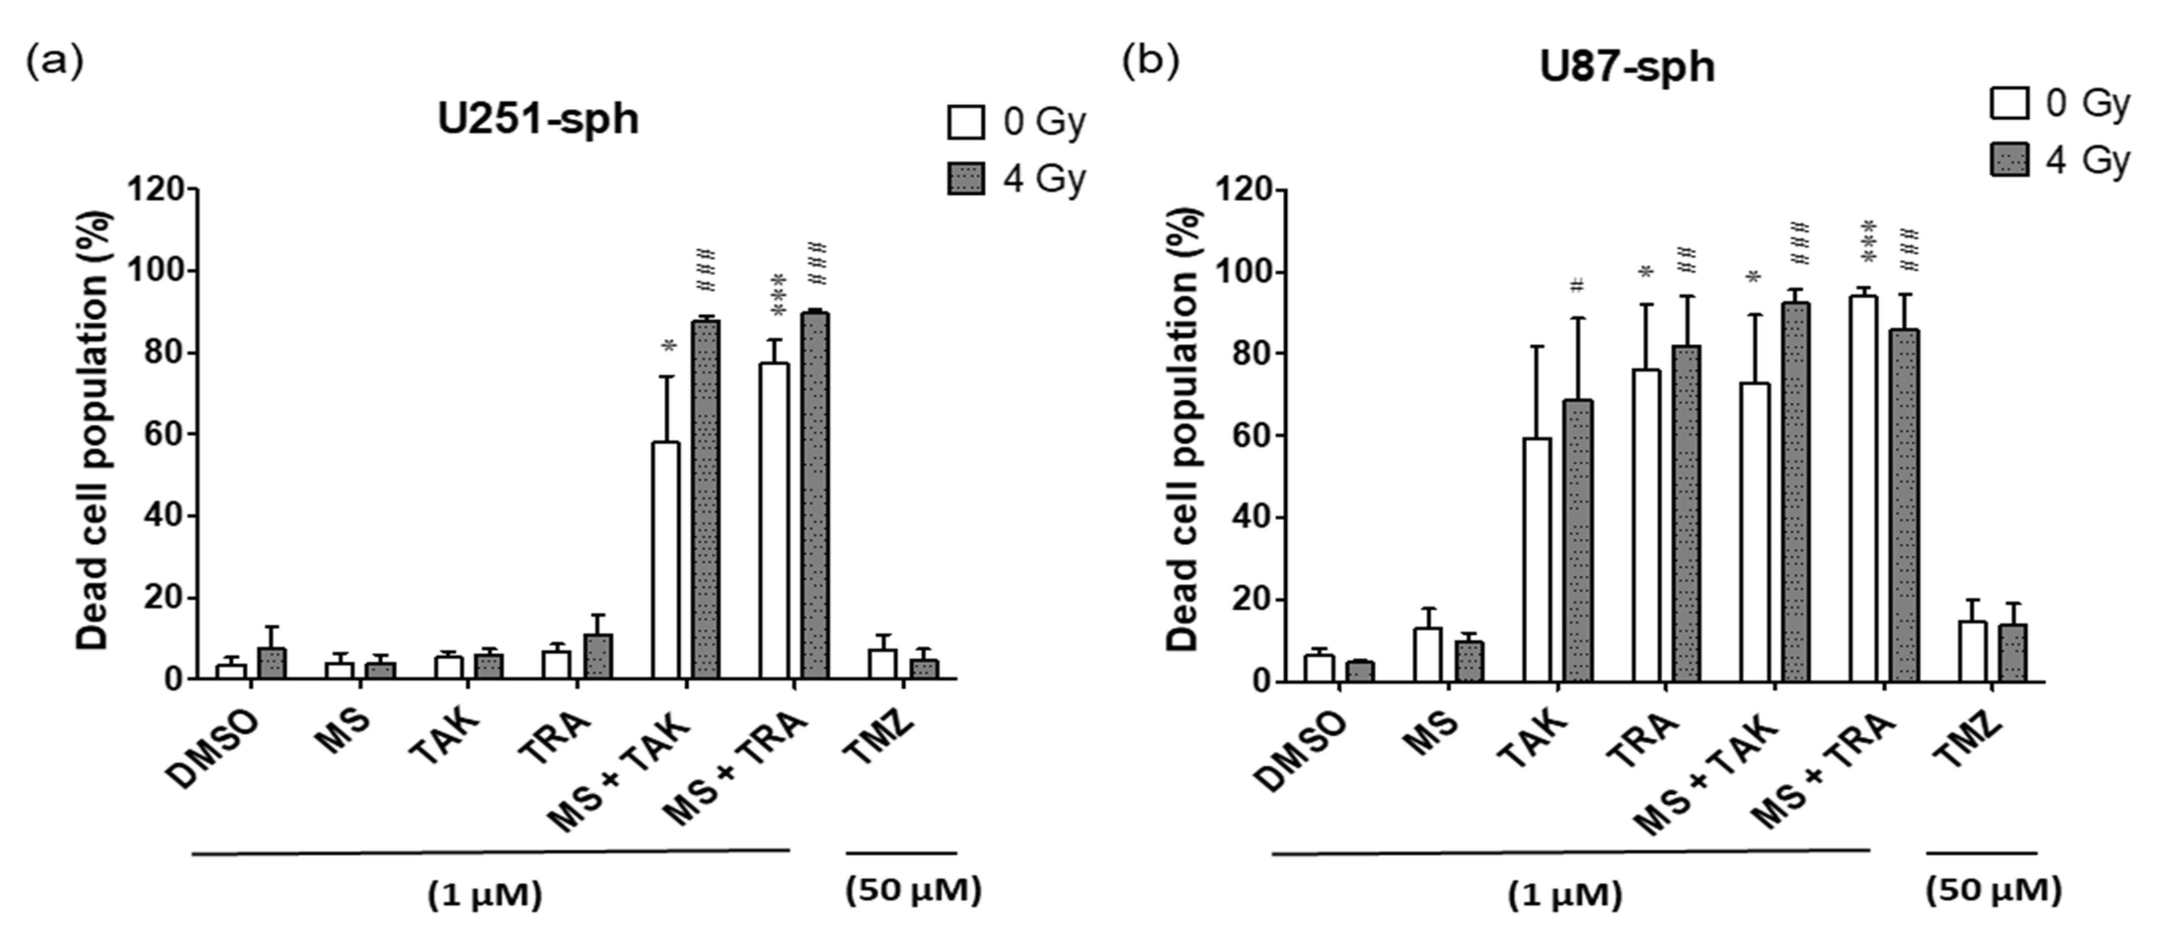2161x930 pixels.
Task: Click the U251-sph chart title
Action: (x=538, y=119)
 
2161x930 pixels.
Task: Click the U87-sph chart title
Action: (x=1627, y=67)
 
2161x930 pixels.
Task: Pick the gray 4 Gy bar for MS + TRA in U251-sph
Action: (x=814, y=495)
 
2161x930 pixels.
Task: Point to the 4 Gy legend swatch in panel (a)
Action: (x=966, y=179)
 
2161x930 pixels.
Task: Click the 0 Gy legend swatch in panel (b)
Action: (x=2009, y=104)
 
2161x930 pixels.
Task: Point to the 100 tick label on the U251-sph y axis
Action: (x=156, y=271)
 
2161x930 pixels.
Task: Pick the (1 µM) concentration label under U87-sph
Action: (x=1564, y=895)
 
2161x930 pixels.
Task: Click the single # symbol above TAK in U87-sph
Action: (x=1577, y=286)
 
